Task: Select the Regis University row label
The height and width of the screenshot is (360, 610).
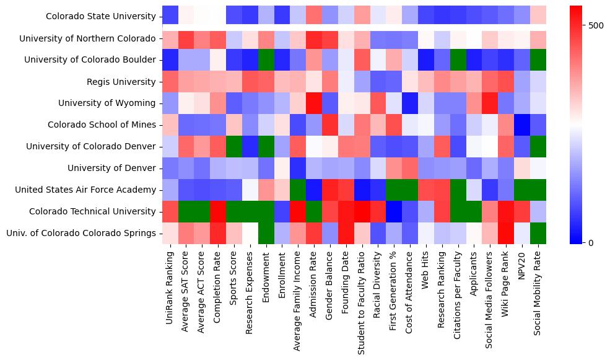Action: coord(121,82)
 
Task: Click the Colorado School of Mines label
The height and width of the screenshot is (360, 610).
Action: coord(102,125)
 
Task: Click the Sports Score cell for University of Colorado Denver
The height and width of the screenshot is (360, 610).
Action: coord(235,147)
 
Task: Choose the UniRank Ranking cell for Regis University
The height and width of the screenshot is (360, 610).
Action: coord(170,82)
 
